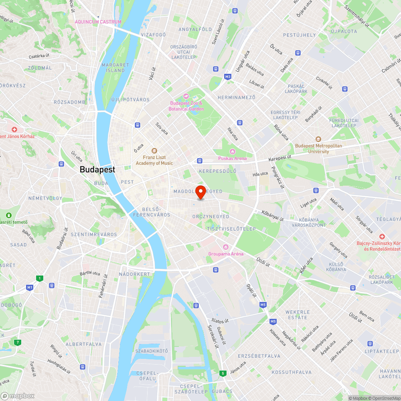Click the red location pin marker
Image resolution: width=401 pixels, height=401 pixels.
[200, 192]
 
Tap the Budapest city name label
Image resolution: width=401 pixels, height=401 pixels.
[97, 169]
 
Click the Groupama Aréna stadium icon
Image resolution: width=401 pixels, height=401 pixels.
[226, 247]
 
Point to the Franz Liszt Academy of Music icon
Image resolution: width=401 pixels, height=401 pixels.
[154, 151]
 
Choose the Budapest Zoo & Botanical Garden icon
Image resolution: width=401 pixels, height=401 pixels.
[186, 96]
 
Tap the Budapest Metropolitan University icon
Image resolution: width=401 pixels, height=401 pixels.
[318, 139]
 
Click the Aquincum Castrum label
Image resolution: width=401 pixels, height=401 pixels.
[98, 22]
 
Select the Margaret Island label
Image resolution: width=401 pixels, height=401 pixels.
[115, 67]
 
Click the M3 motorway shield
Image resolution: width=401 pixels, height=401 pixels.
[228, 76]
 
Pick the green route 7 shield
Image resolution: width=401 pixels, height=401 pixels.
[17, 342]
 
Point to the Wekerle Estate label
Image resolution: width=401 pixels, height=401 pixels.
[298, 314]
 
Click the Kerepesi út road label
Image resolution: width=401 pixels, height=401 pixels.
[279, 158]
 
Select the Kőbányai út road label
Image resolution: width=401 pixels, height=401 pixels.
[273, 215]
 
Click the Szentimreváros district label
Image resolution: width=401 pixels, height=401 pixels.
[93, 234]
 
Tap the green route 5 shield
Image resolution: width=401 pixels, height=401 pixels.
[223, 373]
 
